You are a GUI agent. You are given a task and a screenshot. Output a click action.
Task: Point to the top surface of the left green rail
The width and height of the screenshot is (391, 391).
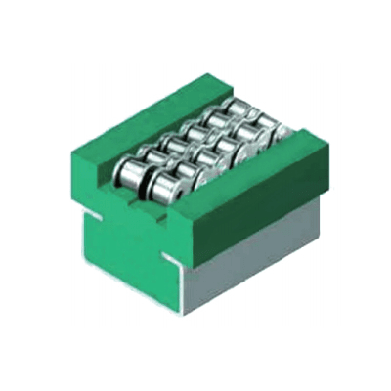tap(147, 116)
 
